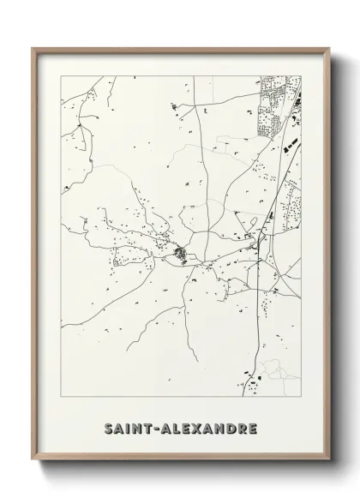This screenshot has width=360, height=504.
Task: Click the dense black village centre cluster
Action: click(x=181, y=254)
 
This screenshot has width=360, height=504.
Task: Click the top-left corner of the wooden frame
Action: click(x=33, y=48)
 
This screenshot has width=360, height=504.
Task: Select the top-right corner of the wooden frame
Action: click(x=327, y=48)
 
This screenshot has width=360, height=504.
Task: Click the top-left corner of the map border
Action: click(x=59, y=75)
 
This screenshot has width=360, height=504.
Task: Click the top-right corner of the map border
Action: click(x=302, y=75)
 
